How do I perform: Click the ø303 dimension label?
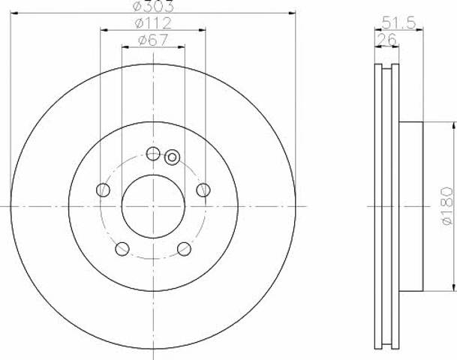[153, 6]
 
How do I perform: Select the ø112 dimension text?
[153, 23]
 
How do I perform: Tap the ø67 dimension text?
[153, 40]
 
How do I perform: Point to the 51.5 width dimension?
[398, 22]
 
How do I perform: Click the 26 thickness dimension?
[386, 39]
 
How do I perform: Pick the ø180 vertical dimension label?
[448, 206]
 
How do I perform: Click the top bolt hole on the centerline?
[153, 153]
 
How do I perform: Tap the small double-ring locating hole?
[173, 157]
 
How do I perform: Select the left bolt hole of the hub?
[103, 190]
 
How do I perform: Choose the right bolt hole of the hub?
[203, 190]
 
